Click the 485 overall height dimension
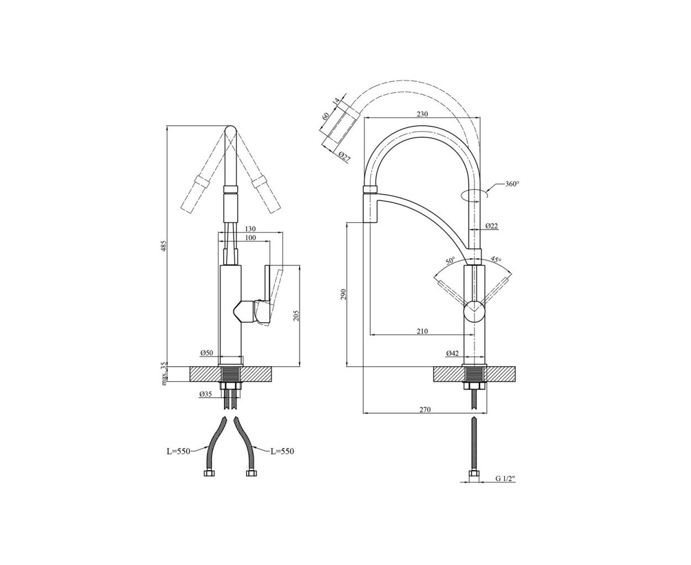coord(164,246)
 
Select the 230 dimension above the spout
coord(422,114)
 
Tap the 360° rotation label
coord(512,184)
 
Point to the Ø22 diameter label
coord(491,226)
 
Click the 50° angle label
coord(450,261)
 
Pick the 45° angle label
coord(496,259)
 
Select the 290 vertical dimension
coord(343,294)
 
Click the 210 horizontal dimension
coord(422,331)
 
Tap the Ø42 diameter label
coord(453,353)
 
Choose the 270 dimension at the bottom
coord(425,409)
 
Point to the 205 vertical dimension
coord(296,316)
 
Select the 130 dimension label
coord(251,228)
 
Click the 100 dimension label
coord(251,237)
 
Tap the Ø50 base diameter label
coord(207,353)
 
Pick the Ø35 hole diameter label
coord(206,395)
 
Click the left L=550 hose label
coord(178,451)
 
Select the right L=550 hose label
coord(282,451)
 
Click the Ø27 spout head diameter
coord(344,156)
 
